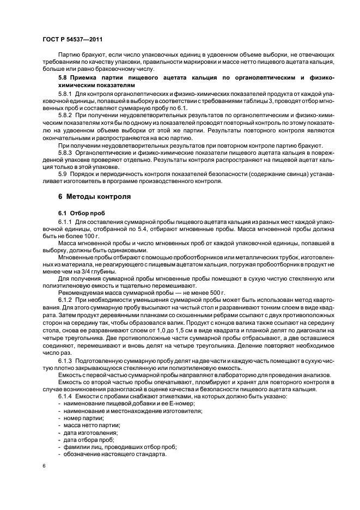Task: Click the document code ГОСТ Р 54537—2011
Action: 71,39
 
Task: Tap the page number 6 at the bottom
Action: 44,466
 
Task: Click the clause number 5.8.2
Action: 66,116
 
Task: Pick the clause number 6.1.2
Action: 66,300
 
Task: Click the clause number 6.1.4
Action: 66,397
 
